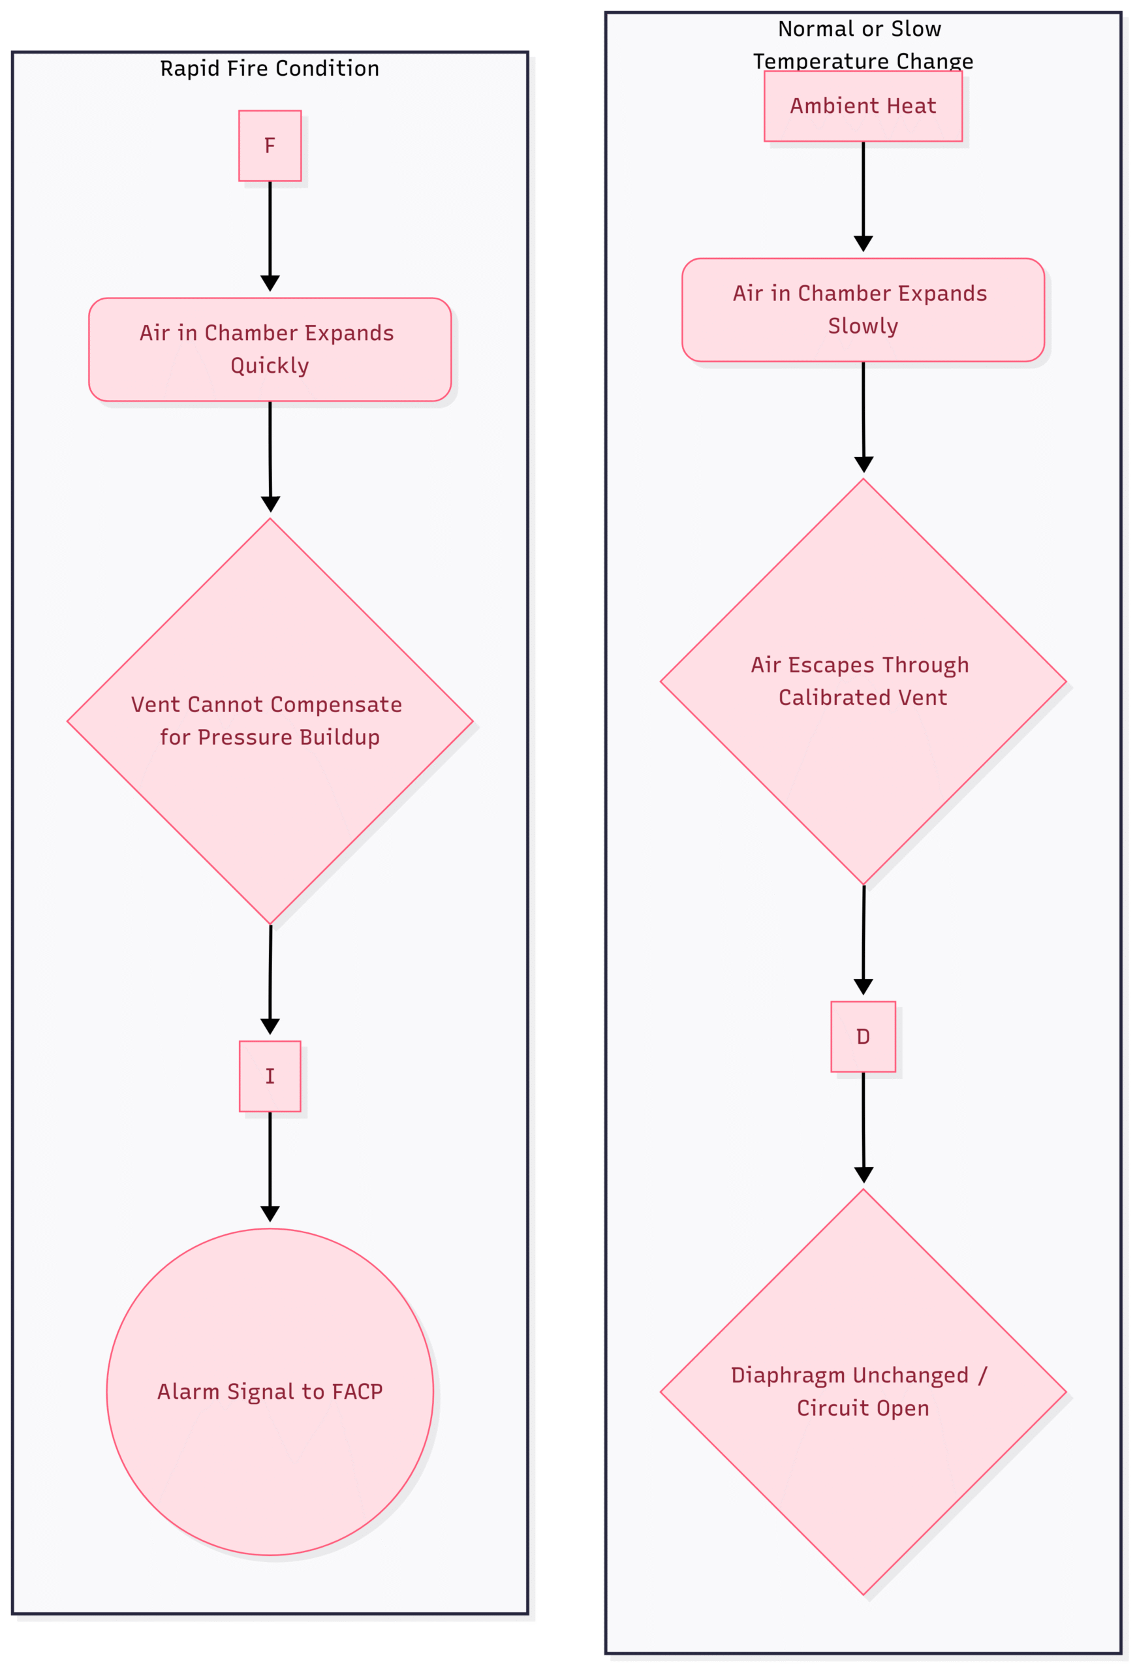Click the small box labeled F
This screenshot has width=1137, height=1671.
(270, 146)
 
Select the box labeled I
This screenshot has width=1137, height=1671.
(270, 1076)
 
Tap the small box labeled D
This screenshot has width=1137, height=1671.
(863, 1037)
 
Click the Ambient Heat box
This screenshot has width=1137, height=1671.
(863, 106)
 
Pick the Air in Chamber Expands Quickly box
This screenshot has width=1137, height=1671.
(270, 349)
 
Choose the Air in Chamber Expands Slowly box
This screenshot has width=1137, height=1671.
(863, 310)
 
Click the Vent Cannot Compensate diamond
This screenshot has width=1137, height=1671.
(270, 721)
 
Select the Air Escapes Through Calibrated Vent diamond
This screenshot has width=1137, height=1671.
(863, 681)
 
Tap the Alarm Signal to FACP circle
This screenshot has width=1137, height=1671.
(270, 1392)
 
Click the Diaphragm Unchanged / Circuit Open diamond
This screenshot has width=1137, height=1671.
(863, 1392)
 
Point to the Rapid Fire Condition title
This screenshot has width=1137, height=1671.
(270, 69)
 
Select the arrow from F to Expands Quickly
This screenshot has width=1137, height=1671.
(270, 236)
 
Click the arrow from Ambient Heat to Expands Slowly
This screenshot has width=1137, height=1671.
(863, 197)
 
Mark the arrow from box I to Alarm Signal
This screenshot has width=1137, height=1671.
(270, 1167)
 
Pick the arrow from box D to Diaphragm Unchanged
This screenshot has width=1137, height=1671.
(863, 1127)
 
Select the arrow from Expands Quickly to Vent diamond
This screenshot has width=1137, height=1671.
(270, 456)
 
